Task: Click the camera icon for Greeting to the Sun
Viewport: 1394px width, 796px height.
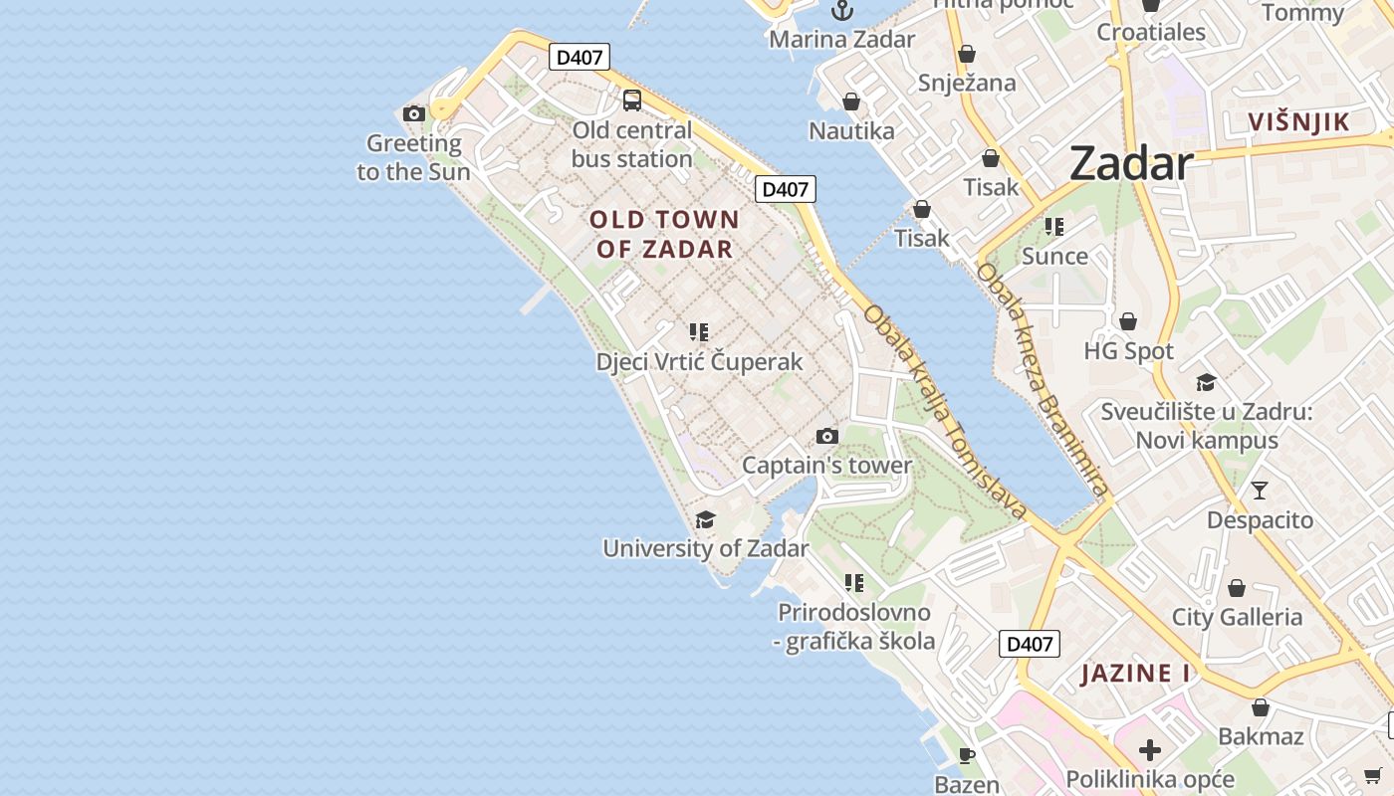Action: tap(414, 114)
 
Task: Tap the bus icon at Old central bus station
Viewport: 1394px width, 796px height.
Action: tap(631, 99)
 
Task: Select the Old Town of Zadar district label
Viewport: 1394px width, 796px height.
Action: tap(665, 234)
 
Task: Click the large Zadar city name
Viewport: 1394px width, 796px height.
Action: tap(1131, 164)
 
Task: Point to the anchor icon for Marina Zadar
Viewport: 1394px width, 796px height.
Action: tap(842, 10)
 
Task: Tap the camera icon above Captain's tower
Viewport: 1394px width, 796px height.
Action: tap(826, 436)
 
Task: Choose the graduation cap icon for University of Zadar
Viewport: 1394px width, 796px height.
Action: tap(705, 519)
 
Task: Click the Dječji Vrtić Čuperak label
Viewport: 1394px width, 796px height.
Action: tap(699, 361)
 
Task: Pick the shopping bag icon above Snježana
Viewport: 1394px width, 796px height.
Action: tap(966, 54)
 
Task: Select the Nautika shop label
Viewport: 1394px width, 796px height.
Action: tap(851, 130)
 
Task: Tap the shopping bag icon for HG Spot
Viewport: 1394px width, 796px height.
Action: tap(1128, 321)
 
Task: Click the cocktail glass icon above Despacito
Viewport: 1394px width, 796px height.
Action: tap(1260, 490)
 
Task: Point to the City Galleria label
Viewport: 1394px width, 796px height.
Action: tap(1237, 617)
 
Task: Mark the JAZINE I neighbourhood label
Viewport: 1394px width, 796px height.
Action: tap(1135, 674)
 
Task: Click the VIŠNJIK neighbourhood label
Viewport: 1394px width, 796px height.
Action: tap(1299, 122)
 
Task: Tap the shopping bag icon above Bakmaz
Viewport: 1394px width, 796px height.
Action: tap(1260, 707)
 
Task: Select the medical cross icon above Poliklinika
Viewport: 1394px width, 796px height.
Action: tap(1150, 749)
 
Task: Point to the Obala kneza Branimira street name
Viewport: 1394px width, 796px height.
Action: tap(1043, 378)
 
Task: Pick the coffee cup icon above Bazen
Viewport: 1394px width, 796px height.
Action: tap(966, 755)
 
